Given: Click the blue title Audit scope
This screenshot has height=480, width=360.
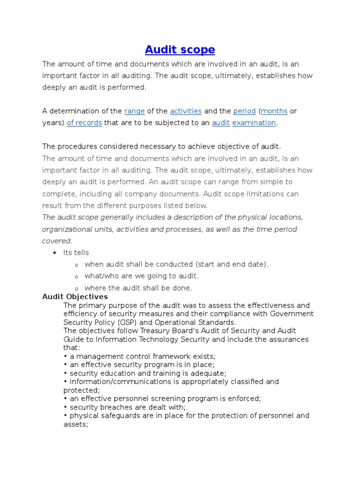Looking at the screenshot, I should [180, 50].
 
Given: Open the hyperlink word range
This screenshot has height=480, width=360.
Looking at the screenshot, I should [134, 111].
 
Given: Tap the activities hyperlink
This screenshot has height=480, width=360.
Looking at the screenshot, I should [186, 111].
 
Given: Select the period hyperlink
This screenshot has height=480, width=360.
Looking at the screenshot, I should [244, 111].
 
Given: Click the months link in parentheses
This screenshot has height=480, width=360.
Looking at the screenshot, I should [274, 111].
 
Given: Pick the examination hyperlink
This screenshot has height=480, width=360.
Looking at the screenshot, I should [254, 123].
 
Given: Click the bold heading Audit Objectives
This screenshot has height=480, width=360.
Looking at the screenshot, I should [75, 297].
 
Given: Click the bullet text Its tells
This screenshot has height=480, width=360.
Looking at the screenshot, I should [76, 253].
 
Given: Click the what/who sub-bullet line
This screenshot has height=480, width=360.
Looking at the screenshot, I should [142, 276].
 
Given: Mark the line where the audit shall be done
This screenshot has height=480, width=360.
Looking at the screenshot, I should [138, 288].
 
